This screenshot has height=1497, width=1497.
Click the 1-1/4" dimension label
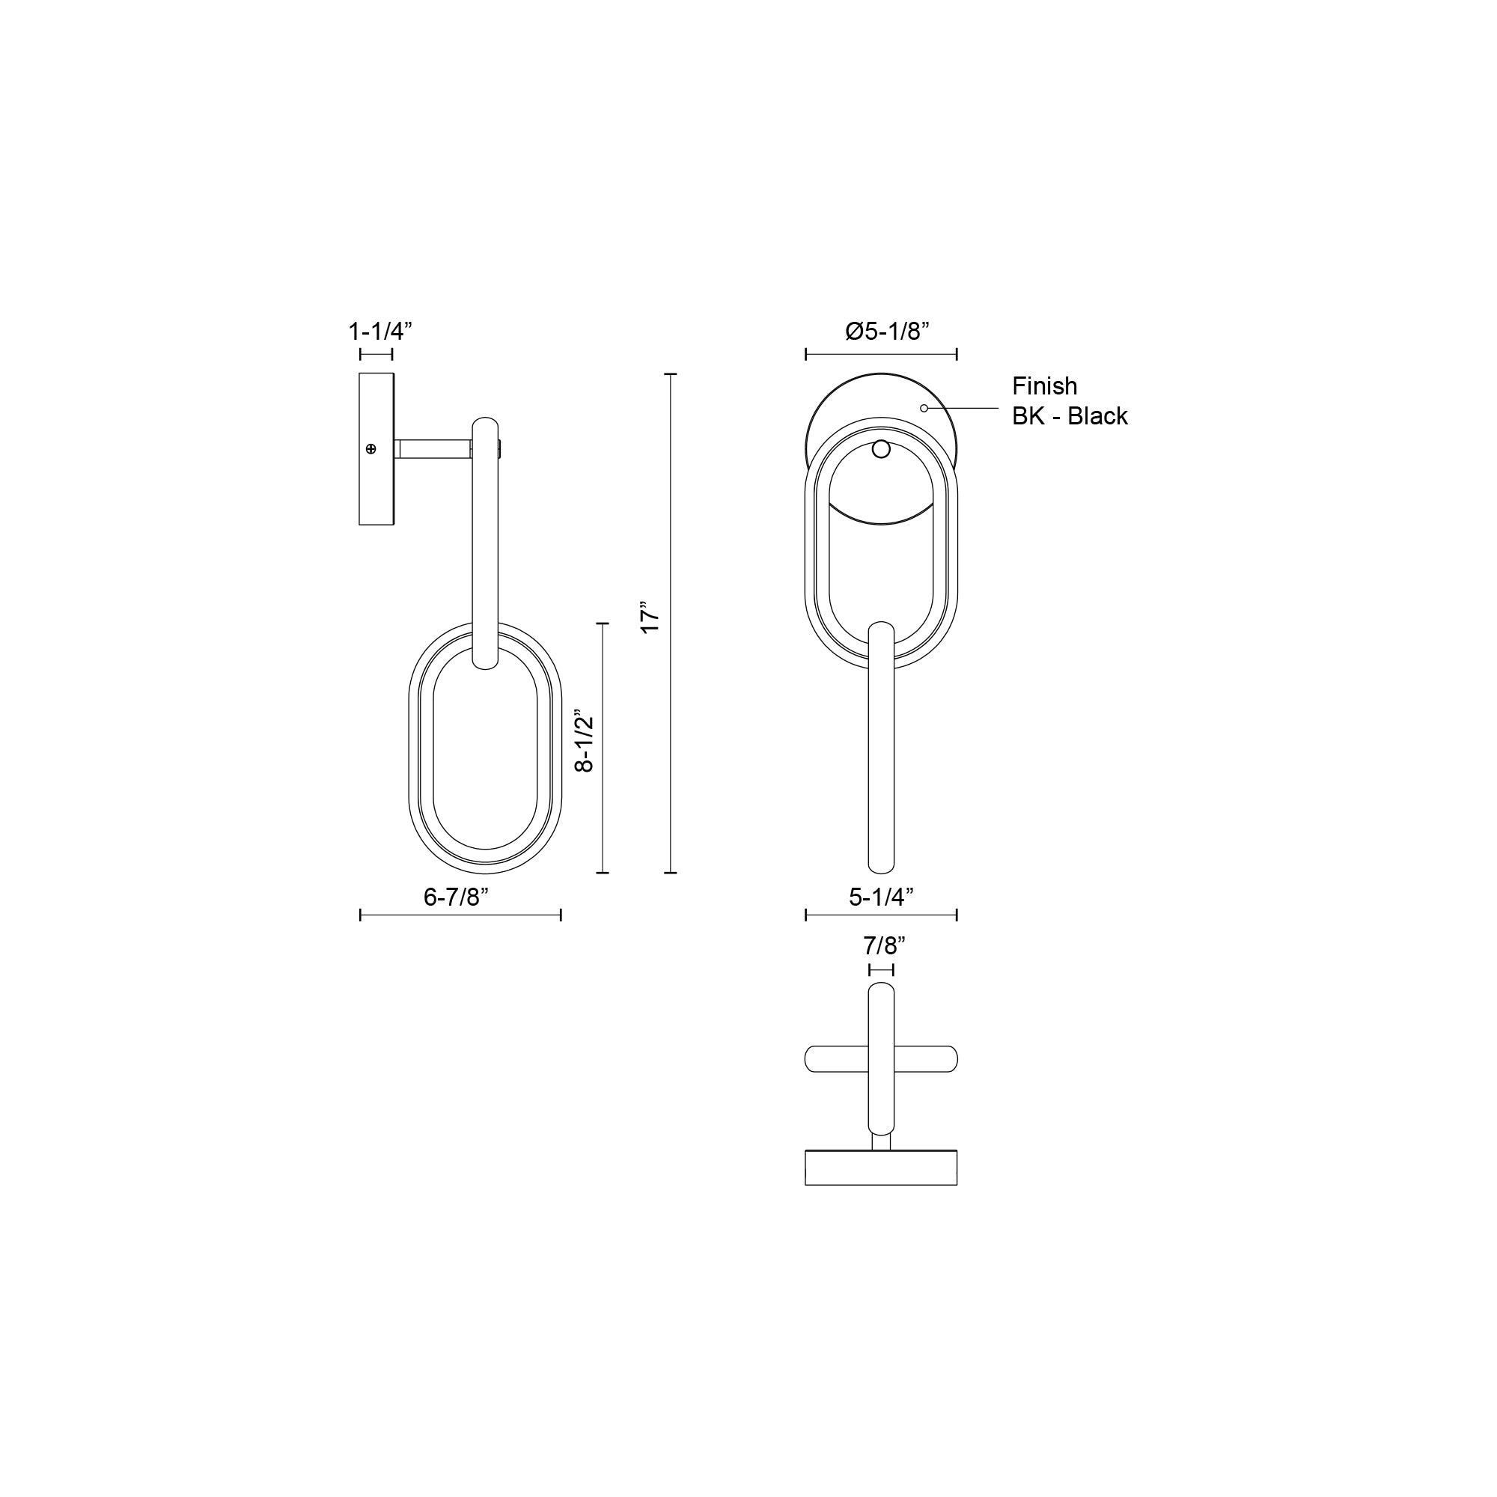379,332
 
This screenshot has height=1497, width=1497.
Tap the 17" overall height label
650,616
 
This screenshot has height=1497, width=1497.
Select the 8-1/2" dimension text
585,743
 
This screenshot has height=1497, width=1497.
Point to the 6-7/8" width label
456,897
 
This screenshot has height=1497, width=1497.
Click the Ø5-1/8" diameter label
887,332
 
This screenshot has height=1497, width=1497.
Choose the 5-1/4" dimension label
881,897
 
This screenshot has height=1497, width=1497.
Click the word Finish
1044,386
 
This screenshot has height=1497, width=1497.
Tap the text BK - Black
1070,416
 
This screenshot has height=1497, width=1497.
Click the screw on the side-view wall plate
371,449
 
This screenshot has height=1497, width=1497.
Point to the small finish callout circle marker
924,408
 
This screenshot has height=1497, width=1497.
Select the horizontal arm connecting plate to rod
434,449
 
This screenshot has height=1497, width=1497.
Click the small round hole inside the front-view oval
881,448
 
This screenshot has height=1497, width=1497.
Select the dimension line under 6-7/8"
460,915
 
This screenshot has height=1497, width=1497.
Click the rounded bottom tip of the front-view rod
881,865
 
